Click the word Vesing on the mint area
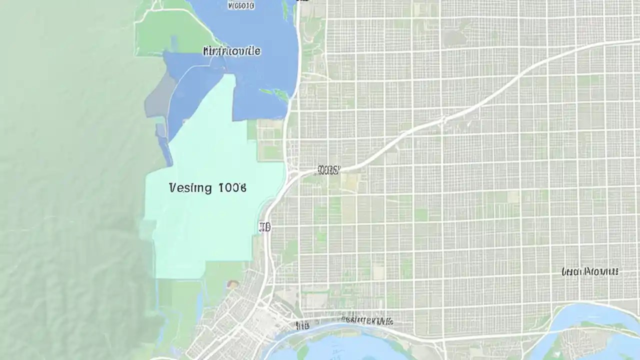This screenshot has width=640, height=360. tap(190, 188)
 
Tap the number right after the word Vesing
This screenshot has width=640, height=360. tap(232, 188)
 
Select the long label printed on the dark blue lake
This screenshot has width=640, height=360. tap(231, 51)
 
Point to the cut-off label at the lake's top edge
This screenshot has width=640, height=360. tap(240, 5)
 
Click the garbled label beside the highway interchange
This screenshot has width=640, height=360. tap(327, 170)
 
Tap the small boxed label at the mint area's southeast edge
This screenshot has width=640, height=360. tap(264, 227)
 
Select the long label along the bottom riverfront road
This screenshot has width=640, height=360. tap(366, 320)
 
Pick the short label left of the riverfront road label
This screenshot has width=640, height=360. tap(302, 326)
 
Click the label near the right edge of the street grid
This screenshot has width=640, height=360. tap(590, 271)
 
